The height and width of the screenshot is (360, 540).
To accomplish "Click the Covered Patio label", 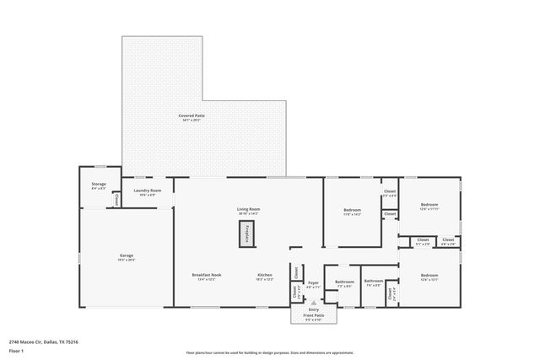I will pos(192,116).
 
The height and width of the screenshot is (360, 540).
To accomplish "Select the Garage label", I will pos(126,255).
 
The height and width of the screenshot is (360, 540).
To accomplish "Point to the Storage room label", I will pos(99,185).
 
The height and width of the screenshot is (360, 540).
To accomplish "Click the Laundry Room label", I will pos(147,191).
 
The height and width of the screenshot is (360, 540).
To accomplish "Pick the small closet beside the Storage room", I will pos(116,201).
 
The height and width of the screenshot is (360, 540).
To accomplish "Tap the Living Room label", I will pos(247,210).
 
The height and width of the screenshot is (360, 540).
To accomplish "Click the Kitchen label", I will pos(265,276).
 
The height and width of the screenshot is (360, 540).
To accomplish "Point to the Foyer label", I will pos(312,284).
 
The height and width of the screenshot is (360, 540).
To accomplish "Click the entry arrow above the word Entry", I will pos(313,302).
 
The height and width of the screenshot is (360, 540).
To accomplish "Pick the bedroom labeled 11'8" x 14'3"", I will pos(352,211).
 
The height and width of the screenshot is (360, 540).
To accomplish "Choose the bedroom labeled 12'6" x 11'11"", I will pos(429,206).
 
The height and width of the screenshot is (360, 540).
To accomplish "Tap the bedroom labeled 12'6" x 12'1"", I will pos(429,277).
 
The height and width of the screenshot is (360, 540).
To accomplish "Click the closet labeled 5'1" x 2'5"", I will pos(423,242).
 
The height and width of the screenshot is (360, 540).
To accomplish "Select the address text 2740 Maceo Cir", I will pos(43,341).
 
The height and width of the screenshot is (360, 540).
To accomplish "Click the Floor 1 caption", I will pos(16,350).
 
